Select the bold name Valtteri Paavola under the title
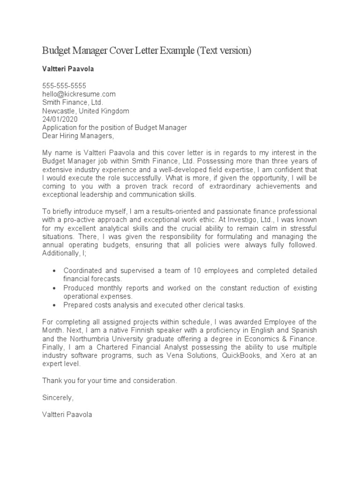click(x=68, y=69)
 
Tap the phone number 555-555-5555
click(x=64, y=86)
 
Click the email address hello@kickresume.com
click(x=79, y=94)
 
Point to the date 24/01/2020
click(x=60, y=119)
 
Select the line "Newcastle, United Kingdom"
click(x=86, y=111)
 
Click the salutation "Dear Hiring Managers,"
click(x=78, y=136)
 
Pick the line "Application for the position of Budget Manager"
click(x=115, y=127)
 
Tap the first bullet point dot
click(x=55, y=271)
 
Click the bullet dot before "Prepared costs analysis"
click(x=55, y=305)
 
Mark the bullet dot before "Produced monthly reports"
click(x=55, y=288)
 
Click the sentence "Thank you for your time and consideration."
click(x=110, y=381)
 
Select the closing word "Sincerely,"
click(x=58, y=397)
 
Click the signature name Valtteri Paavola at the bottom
click(x=67, y=414)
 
